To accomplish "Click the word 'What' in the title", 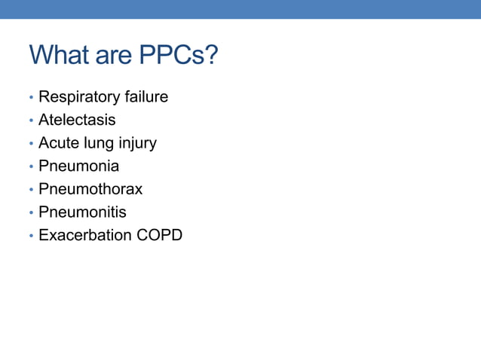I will click(60, 55).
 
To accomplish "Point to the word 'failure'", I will click(146, 97).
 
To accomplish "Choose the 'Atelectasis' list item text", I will click(77, 120).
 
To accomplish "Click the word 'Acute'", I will click(60, 143).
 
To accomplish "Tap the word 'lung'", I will click(102, 143).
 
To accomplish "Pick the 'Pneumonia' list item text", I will click(78, 166).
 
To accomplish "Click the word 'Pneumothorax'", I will click(90, 189).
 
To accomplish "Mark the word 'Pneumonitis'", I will click(82, 212).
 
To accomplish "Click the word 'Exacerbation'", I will click(85, 235).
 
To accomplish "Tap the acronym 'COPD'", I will click(160, 235).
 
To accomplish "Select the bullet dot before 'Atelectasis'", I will click(31, 121).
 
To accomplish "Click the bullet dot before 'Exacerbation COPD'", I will click(31, 236).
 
